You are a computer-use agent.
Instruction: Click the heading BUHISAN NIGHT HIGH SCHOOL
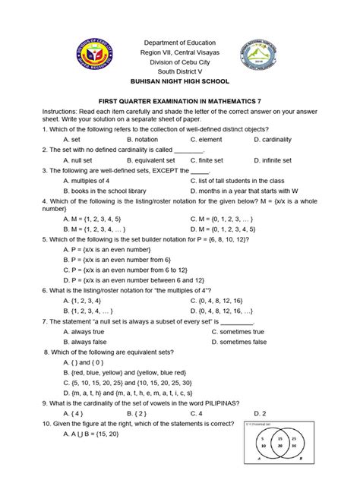[180, 81]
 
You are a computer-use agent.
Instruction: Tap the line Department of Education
[180, 43]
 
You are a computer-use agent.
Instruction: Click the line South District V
[180, 71]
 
